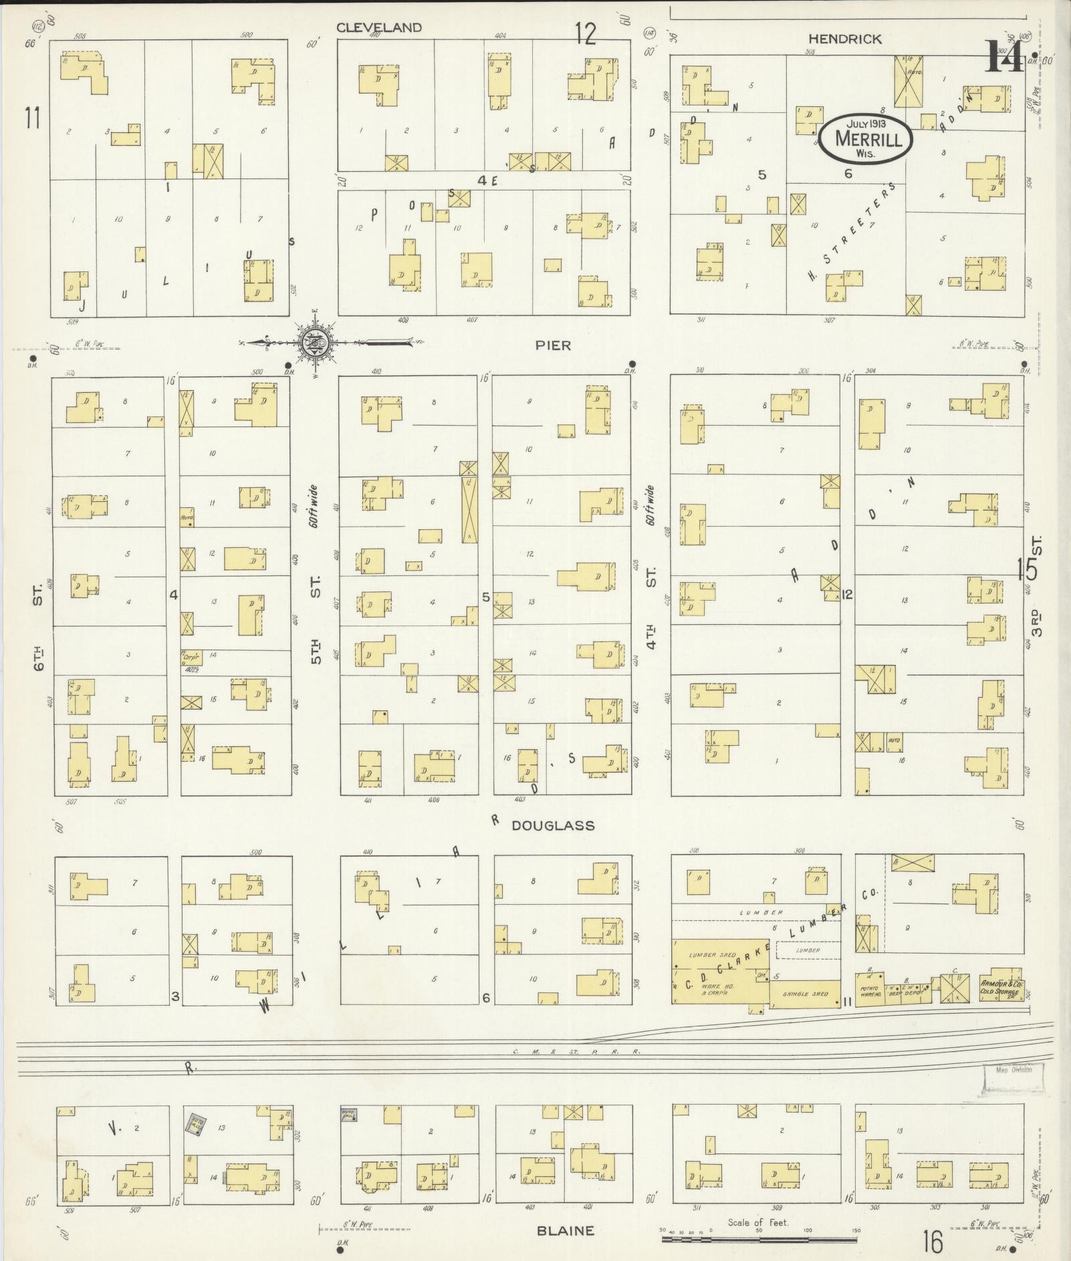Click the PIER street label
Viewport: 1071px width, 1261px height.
(553, 345)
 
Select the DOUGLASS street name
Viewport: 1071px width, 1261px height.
(553, 825)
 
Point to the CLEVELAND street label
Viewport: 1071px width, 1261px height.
(378, 27)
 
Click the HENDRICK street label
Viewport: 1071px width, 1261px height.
(844, 39)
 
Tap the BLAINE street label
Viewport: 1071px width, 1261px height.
(566, 1230)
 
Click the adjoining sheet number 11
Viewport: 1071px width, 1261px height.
(31, 118)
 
